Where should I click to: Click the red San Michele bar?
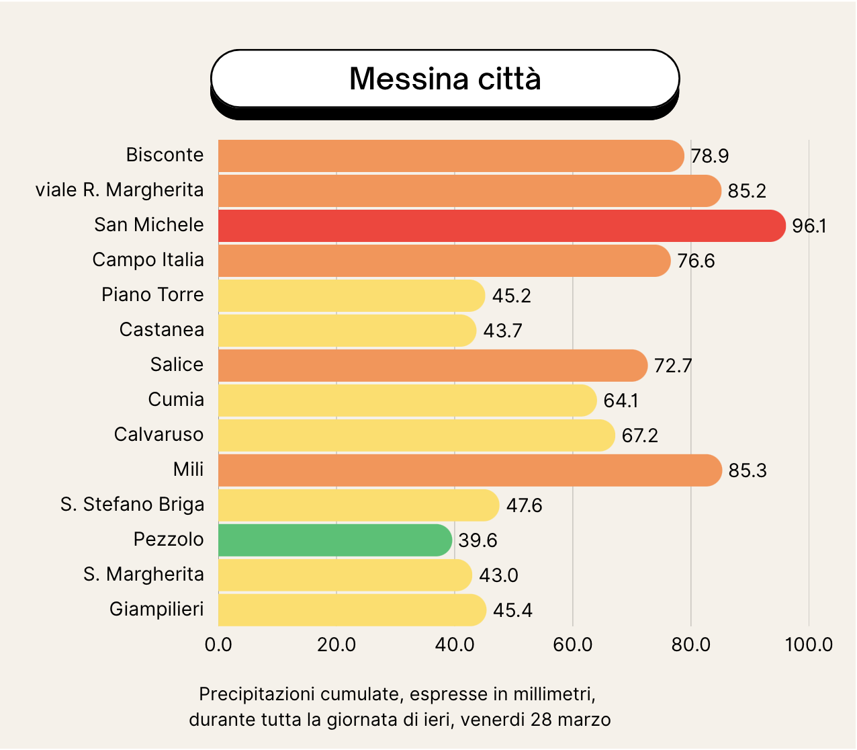coord(500,226)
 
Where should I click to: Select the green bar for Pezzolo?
coord(334,540)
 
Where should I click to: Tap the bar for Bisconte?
coord(450,156)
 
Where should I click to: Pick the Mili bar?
coord(469,470)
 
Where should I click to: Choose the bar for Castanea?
coord(347,331)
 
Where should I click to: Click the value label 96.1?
coord(809,226)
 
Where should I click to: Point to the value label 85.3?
coord(748,471)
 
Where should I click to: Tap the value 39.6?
coord(478,541)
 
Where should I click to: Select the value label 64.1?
coord(621,401)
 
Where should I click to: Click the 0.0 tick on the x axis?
coord(218,645)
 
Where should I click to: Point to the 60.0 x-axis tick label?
coord(573,645)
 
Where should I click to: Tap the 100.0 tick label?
coord(809,645)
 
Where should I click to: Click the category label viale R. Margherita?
coord(120,190)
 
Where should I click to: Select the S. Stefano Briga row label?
coord(132,505)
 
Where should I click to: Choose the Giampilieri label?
coord(156,610)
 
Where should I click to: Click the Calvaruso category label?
coord(159,435)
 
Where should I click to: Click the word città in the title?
coord(509,79)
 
